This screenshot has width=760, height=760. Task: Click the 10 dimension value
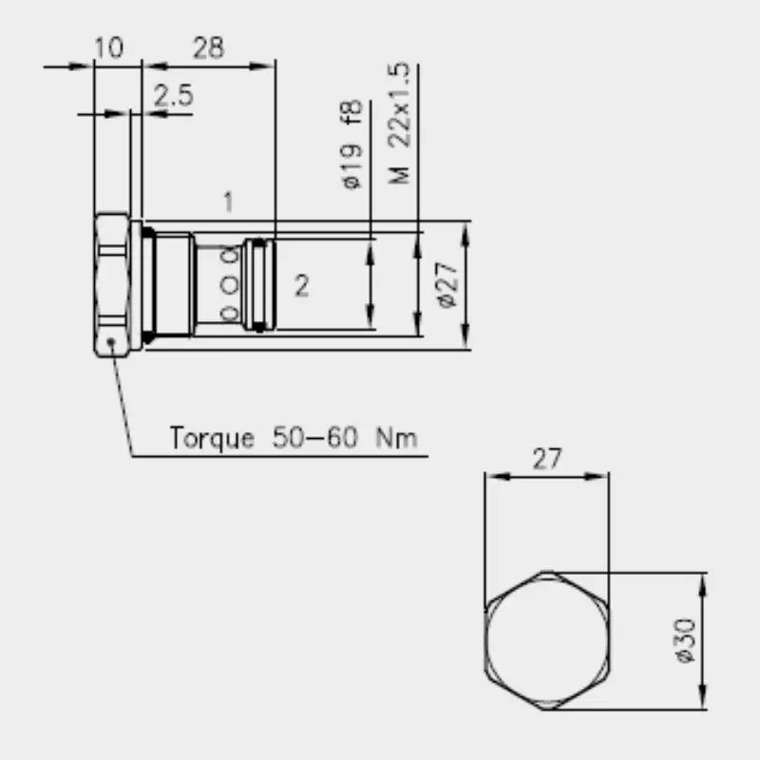(x=109, y=47)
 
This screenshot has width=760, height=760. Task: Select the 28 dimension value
(x=208, y=48)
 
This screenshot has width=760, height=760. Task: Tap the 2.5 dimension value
(x=174, y=95)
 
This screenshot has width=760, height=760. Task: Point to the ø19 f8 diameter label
(x=352, y=144)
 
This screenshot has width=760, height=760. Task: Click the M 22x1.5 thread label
(x=399, y=123)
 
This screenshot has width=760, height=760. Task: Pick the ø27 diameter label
(x=446, y=285)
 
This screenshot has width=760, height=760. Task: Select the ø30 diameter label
(x=685, y=639)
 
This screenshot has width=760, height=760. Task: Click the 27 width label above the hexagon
(x=547, y=459)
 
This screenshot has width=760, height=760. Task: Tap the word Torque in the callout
(x=212, y=438)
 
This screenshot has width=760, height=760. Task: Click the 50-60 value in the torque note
(x=315, y=437)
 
